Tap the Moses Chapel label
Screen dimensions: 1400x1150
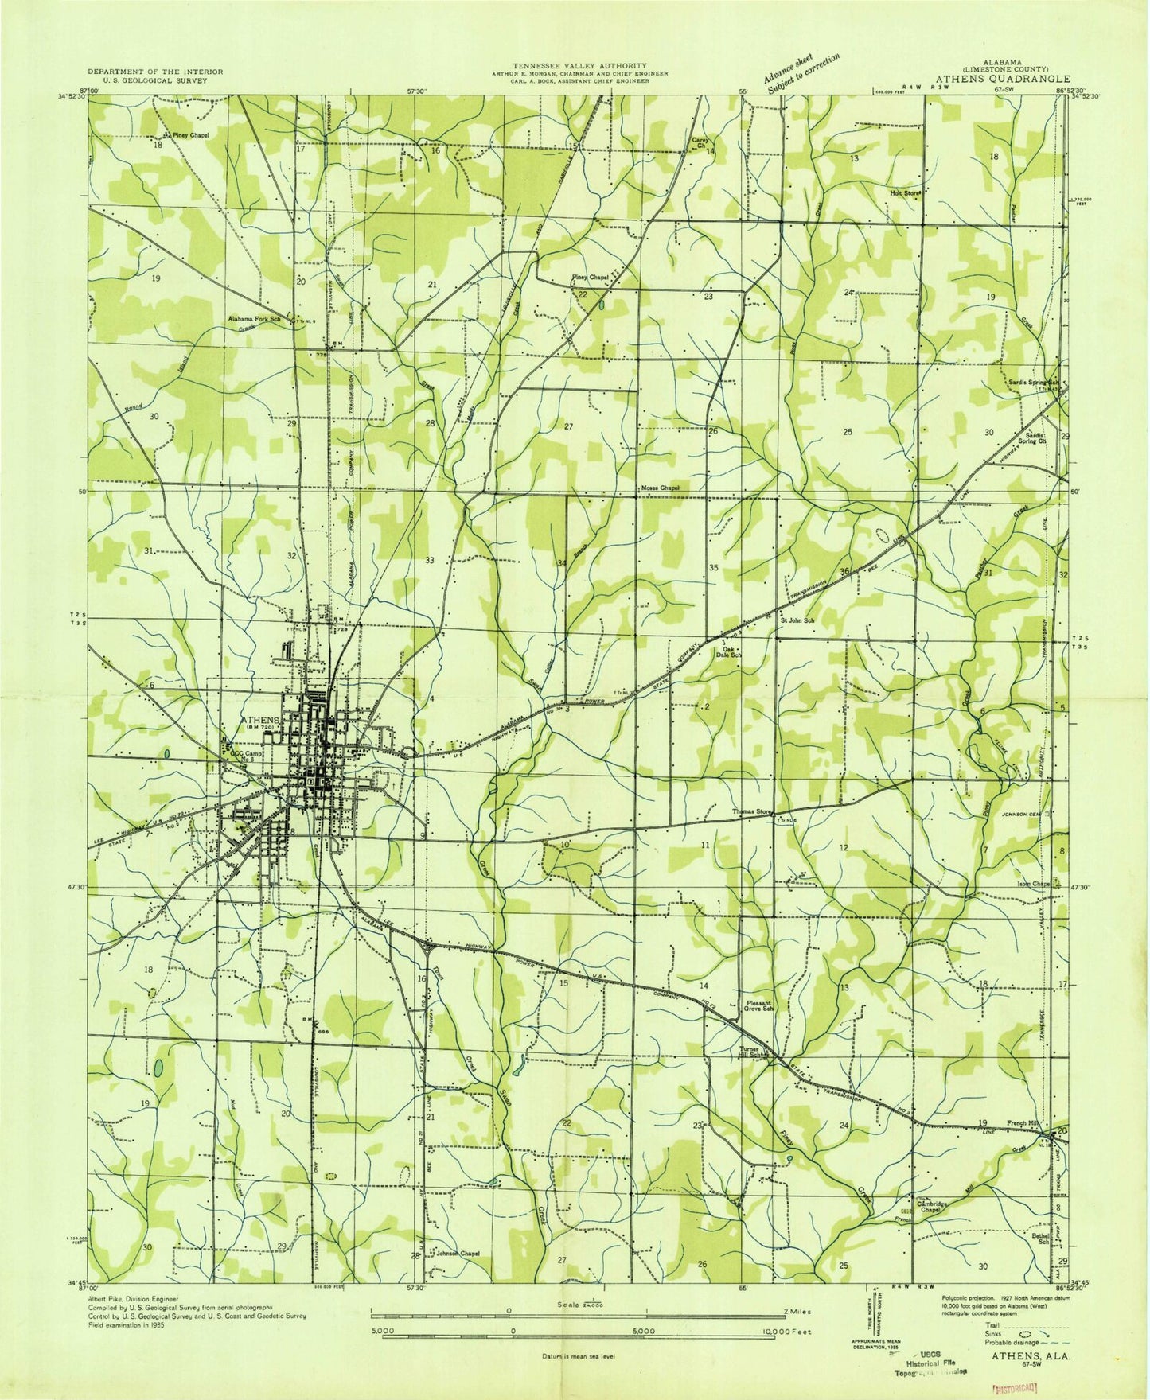[660, 488]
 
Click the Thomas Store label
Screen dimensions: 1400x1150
[753, 812]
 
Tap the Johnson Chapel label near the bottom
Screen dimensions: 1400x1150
[458, 1275]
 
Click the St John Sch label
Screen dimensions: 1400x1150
[797, 620]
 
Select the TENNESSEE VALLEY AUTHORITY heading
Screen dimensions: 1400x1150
[579, 65]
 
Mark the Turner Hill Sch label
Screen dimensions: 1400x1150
[753, 1052]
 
